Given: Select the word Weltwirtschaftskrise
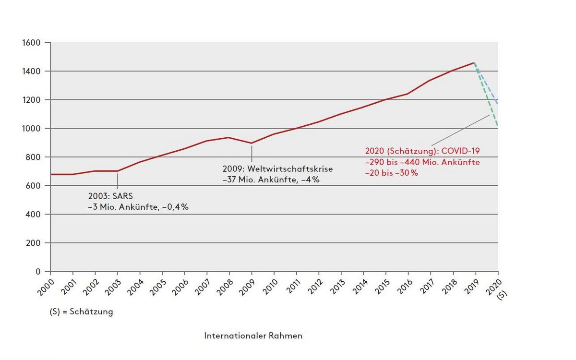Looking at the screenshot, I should [291, 169].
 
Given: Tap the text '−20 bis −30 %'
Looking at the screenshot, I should [391, 173].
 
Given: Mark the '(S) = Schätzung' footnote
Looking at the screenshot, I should [81, 312].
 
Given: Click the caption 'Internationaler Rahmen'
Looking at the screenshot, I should [253, 336].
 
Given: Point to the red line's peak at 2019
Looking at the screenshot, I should [474, 62].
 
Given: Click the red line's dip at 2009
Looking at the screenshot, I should [252, 143].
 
